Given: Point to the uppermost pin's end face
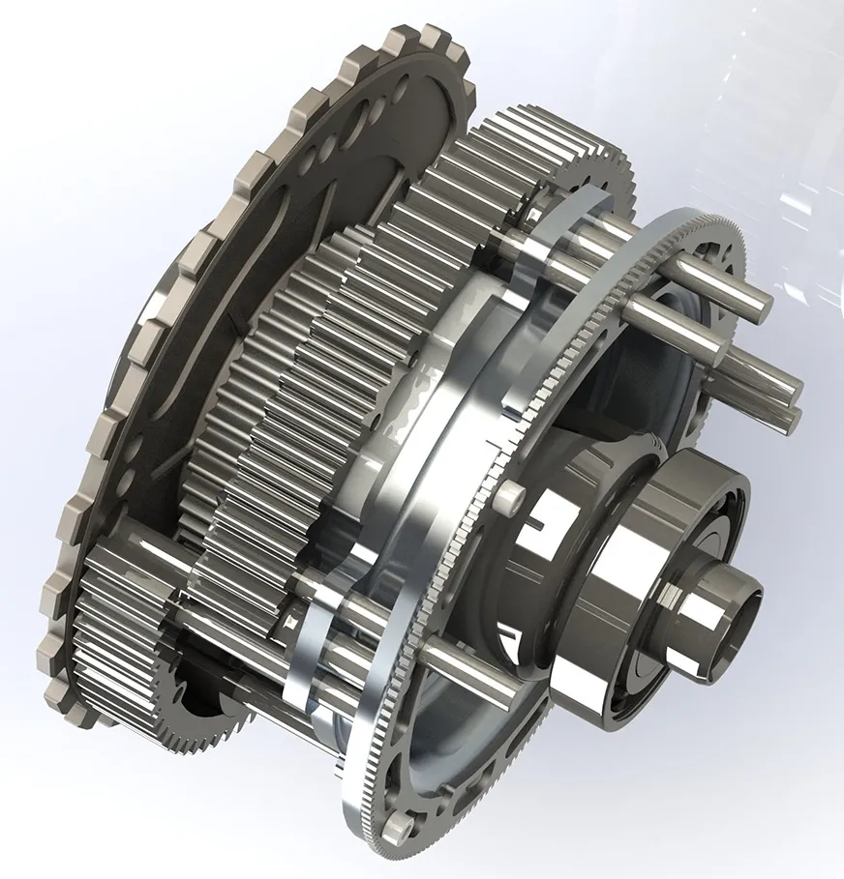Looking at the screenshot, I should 760,308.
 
